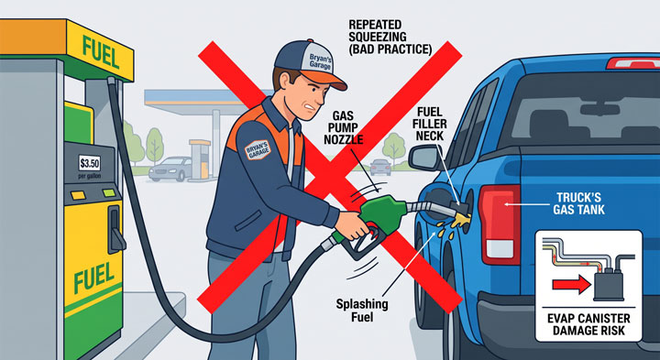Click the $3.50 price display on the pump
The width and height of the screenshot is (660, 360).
coord(90,163)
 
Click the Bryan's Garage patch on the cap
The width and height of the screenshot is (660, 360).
coord(321,61)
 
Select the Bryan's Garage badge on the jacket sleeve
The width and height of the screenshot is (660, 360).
coord(257,148)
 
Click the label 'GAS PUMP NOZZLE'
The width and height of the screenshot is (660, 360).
coord(343,126)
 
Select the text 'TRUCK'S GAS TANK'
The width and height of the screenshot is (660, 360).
coord(580,203)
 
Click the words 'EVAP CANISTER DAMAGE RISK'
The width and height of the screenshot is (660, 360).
coord(588,324)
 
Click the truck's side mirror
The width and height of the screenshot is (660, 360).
coord(424,158)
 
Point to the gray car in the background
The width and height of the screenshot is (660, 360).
coord(170,169)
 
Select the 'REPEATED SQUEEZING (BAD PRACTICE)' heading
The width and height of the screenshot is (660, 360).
coord(390,37)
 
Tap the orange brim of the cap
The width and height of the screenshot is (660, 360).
coord(327,79)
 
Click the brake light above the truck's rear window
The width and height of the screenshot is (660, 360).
coord(632,62)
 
